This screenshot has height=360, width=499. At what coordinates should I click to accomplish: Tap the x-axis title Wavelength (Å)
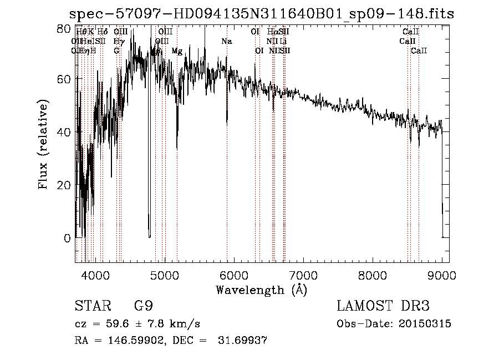click(x=261, y=290)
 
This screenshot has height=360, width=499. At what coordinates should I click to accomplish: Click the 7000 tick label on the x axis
click(x=303, y=275)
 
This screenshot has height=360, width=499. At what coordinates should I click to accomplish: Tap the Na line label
click(x=226, y=42)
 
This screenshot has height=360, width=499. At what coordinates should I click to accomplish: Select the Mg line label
click(x=177, y=51)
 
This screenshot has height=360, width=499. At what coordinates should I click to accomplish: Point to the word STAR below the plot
click(x=91, y=306)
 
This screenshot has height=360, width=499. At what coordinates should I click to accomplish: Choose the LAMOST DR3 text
click(x=383, y=306)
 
